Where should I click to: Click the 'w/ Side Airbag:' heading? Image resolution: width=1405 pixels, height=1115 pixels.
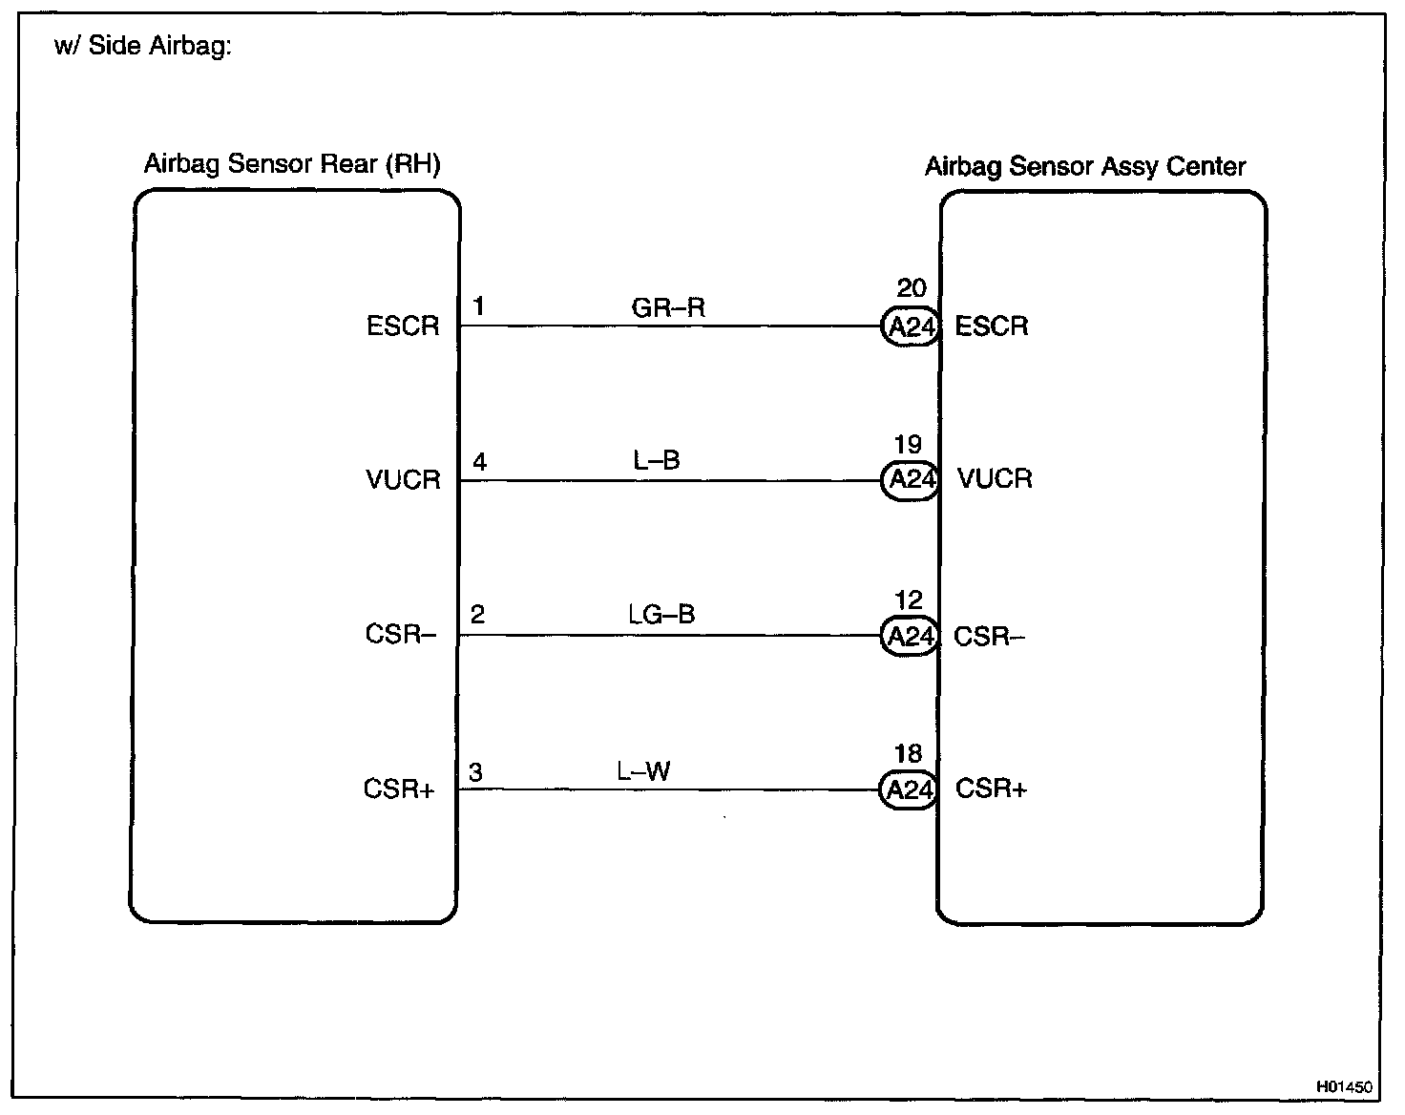coord(143,47)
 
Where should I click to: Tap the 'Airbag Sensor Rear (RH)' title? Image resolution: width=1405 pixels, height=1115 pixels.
coord(292,164)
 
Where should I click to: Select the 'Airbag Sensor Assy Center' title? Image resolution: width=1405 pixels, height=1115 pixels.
coord(1085,167)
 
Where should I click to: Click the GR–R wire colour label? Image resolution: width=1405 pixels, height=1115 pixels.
coord(668,307)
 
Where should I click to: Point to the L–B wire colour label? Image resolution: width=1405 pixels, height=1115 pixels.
coord(657,461)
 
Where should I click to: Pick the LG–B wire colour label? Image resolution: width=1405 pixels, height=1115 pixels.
coord(661,614)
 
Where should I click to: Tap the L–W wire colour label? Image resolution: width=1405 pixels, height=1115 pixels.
coord(643,770)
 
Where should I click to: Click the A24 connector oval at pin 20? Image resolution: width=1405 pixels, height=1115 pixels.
coord(911,327)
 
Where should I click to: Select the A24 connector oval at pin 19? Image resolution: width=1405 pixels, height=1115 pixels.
coord(911,479)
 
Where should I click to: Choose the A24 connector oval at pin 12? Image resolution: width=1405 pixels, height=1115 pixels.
coord(910,636)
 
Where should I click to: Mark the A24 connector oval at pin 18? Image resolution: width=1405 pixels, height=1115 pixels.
coord(909,790)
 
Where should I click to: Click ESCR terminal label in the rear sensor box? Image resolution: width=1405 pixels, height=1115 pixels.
coord(403,326)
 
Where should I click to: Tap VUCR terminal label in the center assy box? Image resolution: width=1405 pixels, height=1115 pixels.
coord(995,478)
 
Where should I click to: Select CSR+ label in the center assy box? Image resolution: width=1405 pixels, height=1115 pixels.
coord(991,789)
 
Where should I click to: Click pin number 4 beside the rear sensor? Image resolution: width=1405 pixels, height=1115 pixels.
coord(480,463)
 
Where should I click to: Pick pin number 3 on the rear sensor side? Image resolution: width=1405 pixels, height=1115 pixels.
coord(475,772)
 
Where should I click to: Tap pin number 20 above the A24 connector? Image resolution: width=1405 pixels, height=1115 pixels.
coord(912,287)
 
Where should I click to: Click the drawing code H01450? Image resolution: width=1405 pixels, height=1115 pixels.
coord(1344,1086)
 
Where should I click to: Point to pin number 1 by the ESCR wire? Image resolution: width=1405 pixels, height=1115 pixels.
coord(478,306)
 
